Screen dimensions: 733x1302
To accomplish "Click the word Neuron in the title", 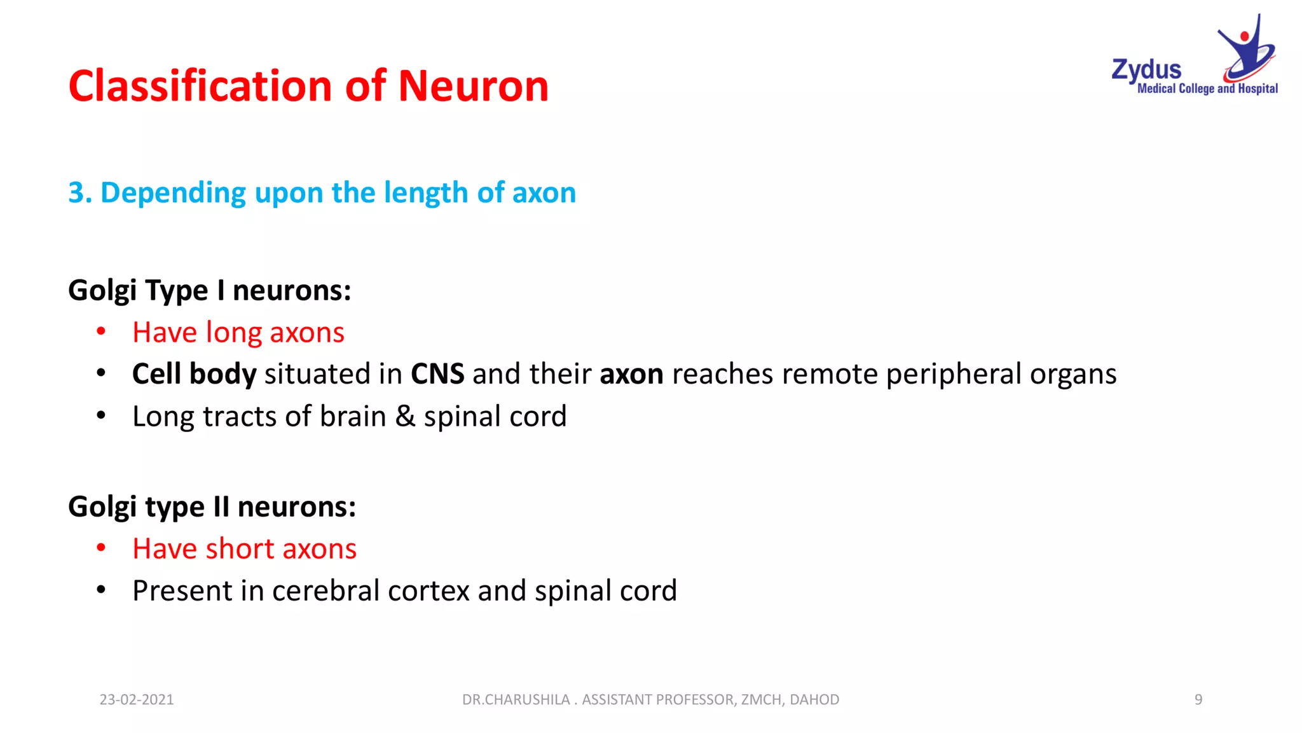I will point(473,86).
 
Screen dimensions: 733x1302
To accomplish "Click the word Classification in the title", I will point(200,86).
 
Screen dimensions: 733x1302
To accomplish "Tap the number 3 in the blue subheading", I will point(76,193).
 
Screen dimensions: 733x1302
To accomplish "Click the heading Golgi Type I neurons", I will point(209,290).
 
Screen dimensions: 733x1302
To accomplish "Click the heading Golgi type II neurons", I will point(212,507).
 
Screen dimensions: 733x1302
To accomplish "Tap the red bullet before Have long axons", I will point(101,331).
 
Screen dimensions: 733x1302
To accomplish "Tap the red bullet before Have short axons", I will point(101,547).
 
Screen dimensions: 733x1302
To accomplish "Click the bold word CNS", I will point(437,374).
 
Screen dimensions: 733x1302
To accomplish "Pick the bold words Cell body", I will point(194,374).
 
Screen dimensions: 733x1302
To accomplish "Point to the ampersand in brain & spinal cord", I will point(405,416).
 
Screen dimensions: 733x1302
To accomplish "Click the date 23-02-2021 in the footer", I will point(136,699).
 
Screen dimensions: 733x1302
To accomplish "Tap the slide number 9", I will point(1198,699).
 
